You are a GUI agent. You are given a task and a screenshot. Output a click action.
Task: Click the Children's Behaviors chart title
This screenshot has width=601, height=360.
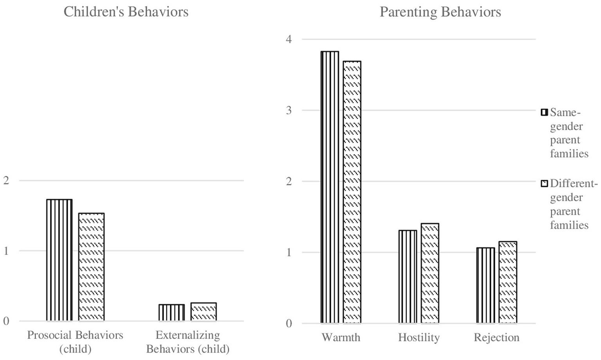point(126,12)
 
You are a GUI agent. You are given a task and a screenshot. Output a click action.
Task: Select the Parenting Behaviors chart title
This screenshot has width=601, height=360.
point(440,12)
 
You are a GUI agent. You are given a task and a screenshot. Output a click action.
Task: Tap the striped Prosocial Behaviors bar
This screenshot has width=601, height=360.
point(59,260)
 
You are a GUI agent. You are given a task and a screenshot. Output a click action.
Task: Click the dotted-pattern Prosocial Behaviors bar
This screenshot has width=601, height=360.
point(91,267)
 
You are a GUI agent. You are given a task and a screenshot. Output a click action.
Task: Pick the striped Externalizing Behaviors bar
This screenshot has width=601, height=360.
point(171,313)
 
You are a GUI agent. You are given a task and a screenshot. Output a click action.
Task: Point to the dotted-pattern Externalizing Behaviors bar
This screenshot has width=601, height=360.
point(204,312)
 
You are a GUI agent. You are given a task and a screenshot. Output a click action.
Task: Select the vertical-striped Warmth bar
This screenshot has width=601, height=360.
point(330,187)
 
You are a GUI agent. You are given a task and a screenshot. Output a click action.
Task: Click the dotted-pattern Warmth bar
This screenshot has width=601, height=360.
point(352,192)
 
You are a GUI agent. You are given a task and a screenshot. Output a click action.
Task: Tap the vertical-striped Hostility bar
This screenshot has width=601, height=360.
point(408,277)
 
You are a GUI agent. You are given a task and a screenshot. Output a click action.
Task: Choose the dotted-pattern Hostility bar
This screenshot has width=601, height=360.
point(430,273)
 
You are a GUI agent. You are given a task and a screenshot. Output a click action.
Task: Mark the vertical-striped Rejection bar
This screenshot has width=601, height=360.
point(485,285)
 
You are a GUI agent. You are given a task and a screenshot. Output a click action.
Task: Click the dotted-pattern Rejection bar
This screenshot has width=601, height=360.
point(508,282)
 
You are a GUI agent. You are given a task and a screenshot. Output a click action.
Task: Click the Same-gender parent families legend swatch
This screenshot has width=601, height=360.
point(544,112)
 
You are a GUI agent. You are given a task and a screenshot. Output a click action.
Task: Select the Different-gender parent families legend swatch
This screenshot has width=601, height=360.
point(544,184)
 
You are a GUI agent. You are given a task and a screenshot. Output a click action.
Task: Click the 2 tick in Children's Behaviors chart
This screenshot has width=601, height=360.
point(5,181)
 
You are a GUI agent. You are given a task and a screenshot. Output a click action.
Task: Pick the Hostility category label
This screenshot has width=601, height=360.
point(419,337)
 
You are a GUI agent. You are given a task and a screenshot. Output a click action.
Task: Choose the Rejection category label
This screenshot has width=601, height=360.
point(496,337)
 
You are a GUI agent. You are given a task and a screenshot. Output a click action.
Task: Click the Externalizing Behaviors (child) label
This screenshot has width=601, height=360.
point(188,342)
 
